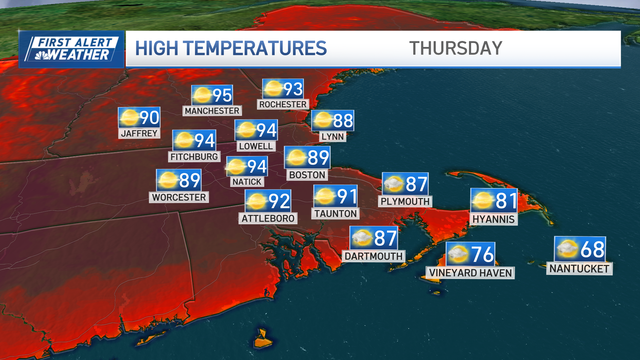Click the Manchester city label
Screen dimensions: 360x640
(x=212, y=111)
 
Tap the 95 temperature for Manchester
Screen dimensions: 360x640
(x=222, y=95)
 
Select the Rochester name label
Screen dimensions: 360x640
(x=283, y=104)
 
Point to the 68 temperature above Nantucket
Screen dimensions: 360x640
(x=592, y=249)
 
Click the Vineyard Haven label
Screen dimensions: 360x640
(x=470, y=273)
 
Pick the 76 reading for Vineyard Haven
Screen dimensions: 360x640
(x=482, y=254)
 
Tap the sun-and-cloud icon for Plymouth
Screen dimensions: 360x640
(x=393, y=184)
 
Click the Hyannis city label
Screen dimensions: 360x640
(x=493, y=219)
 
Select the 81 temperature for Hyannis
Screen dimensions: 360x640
(x=506, y=201)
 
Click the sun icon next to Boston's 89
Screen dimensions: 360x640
(x=296, y=157)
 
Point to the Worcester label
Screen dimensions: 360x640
(x=179, y=197)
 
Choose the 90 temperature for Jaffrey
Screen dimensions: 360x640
(x=149, y=118)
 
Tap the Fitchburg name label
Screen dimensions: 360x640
(x=194, y=157)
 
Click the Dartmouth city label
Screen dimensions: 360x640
(x=373, y=256)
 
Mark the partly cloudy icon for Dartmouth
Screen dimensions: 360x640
(x=362, y=238)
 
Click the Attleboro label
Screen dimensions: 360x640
(x=268, y=218)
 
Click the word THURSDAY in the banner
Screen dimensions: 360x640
(x=455, y=48)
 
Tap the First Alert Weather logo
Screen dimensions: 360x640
(x=72, y=49)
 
